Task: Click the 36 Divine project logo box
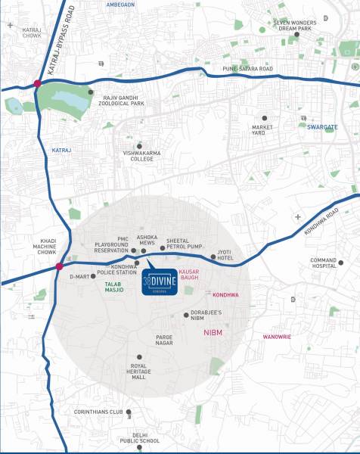pyautogui.click(x=159, y=279)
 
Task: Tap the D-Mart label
pyautogui.click(x=79, y=277)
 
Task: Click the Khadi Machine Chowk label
pyautogui.click(x=33, y=247)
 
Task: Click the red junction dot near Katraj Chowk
pyautogui.click(x=36, y=82)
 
